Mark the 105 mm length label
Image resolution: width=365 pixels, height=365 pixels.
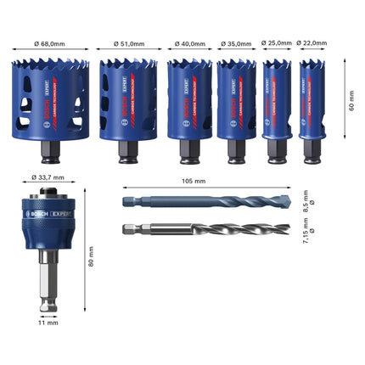(x=194, y=182)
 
